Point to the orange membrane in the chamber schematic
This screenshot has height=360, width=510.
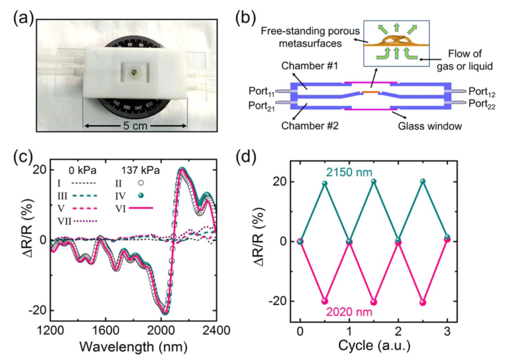point(370,92)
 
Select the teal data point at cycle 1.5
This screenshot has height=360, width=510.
point(374,182)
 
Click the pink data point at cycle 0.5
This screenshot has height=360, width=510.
point(324,301)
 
